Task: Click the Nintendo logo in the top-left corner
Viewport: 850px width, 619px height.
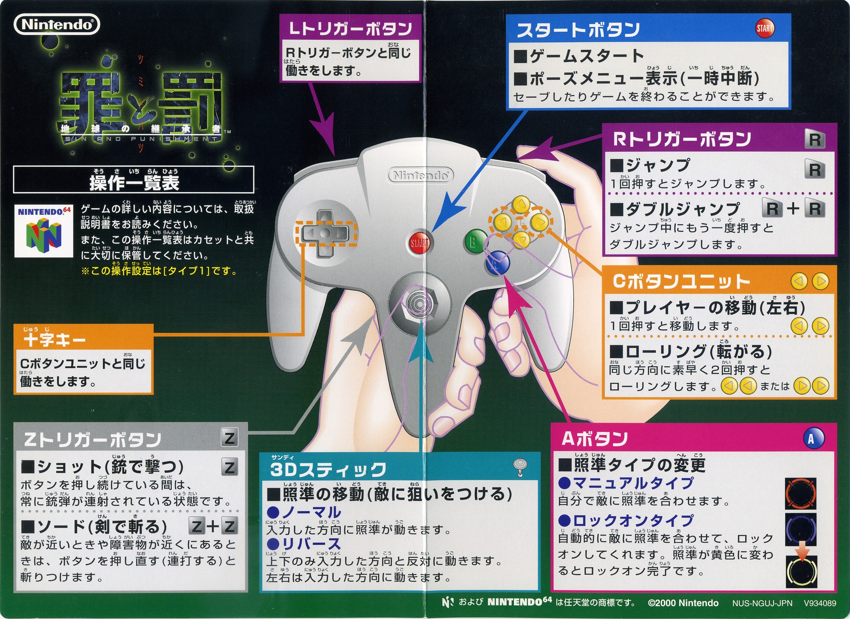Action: (x=57, y=24)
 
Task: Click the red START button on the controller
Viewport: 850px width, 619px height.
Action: (x=419, y=243)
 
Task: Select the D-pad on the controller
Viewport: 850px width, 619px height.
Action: (x=325, y=233)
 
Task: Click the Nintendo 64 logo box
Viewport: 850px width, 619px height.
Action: (x=44, y=231)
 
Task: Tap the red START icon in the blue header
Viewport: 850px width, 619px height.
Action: (x=765, y=29)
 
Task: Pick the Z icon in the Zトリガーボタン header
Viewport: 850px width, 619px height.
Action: (x=229, y=438)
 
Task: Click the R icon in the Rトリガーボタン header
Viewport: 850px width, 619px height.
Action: (x=815, y=140)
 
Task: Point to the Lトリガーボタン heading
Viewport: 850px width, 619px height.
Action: (x=350, y=29)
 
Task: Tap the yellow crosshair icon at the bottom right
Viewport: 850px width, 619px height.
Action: (x=801, y=572)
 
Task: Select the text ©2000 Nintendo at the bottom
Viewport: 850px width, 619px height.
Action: (x=683, y=603)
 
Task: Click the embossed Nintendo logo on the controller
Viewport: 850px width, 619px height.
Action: (x=421, y=175)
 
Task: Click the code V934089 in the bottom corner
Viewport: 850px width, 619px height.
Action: (x=820, y=603)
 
